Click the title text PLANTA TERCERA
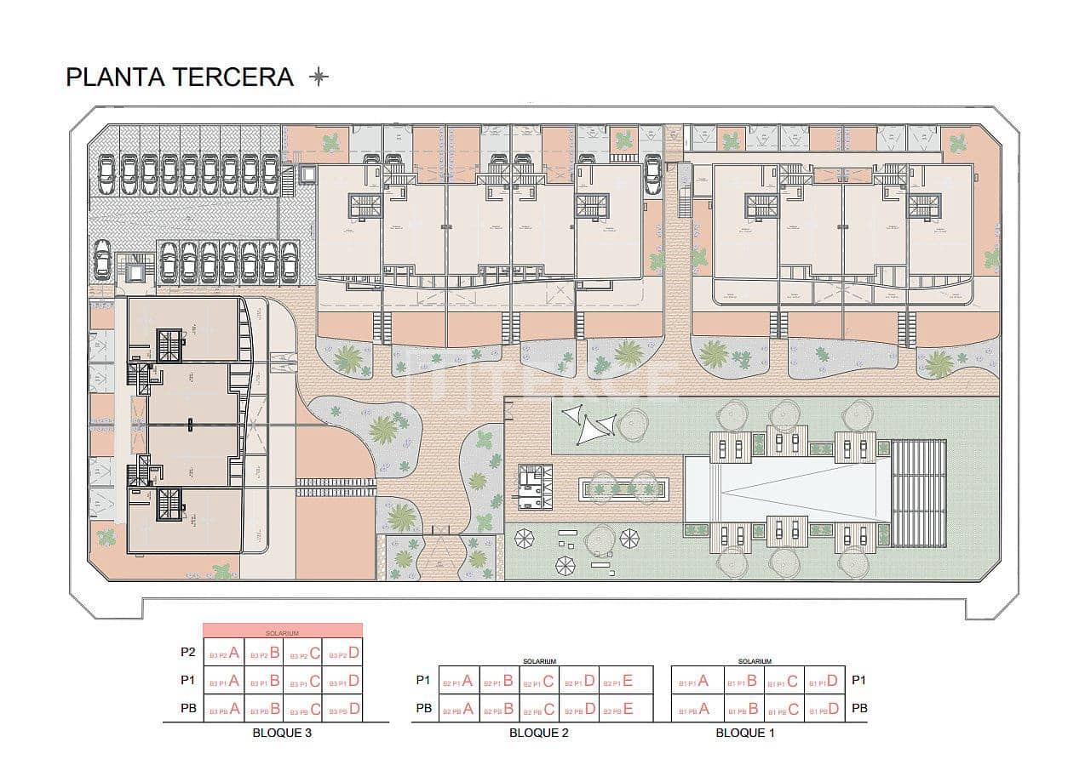click(x=179, y=77)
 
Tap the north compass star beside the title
click(x=319, y=77)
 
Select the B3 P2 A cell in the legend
click(x=222, y=654)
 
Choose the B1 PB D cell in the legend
click(x=824, y=708)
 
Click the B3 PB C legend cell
click(x=303, y=708)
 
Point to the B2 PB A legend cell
click(x=457, y=708)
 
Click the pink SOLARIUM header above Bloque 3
click(x=283, y=631)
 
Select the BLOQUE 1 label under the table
click(x=745, y=733)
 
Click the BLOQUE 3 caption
click(x=282, y=733)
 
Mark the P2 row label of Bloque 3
click(x=188, y=654)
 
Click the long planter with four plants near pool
click(x=623, y=488)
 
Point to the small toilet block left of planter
click(x=535, y=487)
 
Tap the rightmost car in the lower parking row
click(x=290, y=261)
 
